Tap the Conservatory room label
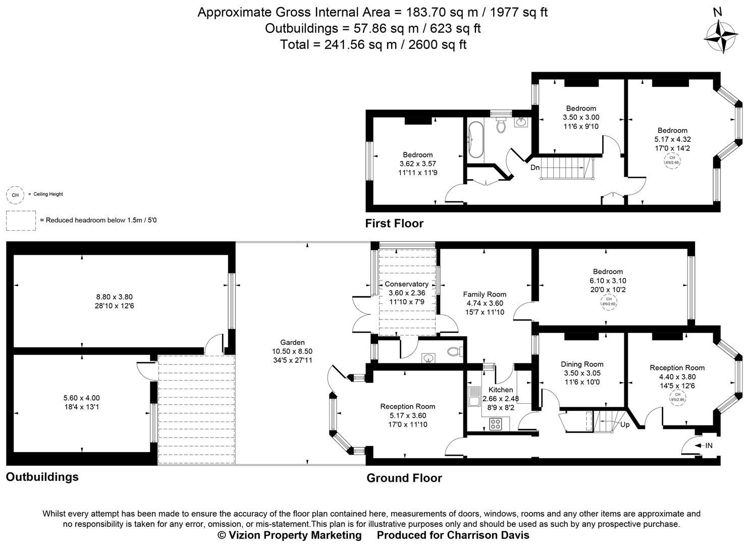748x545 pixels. click(x=406, y=284)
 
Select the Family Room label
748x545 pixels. click(x=485, y=294)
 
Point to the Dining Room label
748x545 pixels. click(x=582, y=364)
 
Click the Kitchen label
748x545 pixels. click(x=501, y=390)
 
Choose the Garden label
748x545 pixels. click(x=293, y=342)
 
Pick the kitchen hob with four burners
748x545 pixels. click(x=495, y=424)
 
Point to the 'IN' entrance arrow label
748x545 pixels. click(x=705, y=445)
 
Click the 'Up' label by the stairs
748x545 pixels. click(x=625, y=424)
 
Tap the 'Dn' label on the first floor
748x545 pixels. click(x=535, y=167)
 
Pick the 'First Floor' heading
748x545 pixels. click(x=394, y=223)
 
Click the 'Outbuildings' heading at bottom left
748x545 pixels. click(x=42, y=477)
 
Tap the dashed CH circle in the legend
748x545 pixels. click(x=15, y=195)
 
